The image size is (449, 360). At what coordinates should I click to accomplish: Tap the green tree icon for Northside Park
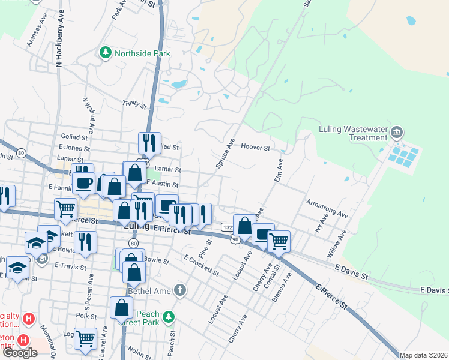coord(106,53)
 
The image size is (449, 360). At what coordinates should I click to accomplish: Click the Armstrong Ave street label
coord(327,208)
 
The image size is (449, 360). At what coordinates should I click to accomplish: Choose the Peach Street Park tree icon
coord(169,316)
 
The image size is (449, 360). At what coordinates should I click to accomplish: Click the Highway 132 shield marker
coord(227,227)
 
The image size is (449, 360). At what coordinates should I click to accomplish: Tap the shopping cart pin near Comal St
coord(279,241)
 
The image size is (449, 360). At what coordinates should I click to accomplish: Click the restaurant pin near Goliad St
coord(149,142)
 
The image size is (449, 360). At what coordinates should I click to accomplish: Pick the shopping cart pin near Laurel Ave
coord(86,338)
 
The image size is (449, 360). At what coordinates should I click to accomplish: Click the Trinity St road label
coord(134,104)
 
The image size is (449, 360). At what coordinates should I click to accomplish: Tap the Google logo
coord(20,353)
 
